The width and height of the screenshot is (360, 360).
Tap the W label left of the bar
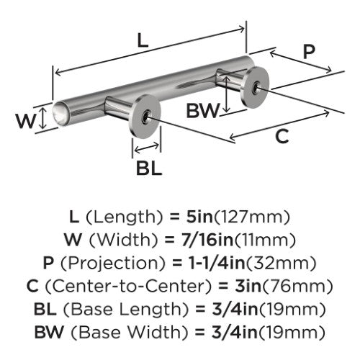point(26,121)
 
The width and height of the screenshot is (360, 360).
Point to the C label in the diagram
point(282,136)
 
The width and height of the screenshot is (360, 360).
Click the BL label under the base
point(149,168)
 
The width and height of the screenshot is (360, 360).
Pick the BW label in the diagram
point(203,110)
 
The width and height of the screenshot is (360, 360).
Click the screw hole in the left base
point(146,117)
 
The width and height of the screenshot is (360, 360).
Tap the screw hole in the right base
point(256,87)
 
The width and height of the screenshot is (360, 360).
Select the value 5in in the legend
point(199,217)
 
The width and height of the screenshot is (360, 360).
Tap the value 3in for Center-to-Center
point(248,286)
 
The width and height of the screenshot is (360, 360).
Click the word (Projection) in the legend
point(113,264)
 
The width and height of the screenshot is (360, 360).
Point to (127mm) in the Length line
point(252,217)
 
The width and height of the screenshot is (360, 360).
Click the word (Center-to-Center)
point(128,287)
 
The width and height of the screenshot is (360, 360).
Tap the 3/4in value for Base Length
point(235,310)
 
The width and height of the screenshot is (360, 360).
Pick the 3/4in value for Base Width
point(235,333)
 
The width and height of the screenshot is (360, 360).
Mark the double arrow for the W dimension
point(42,118)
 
